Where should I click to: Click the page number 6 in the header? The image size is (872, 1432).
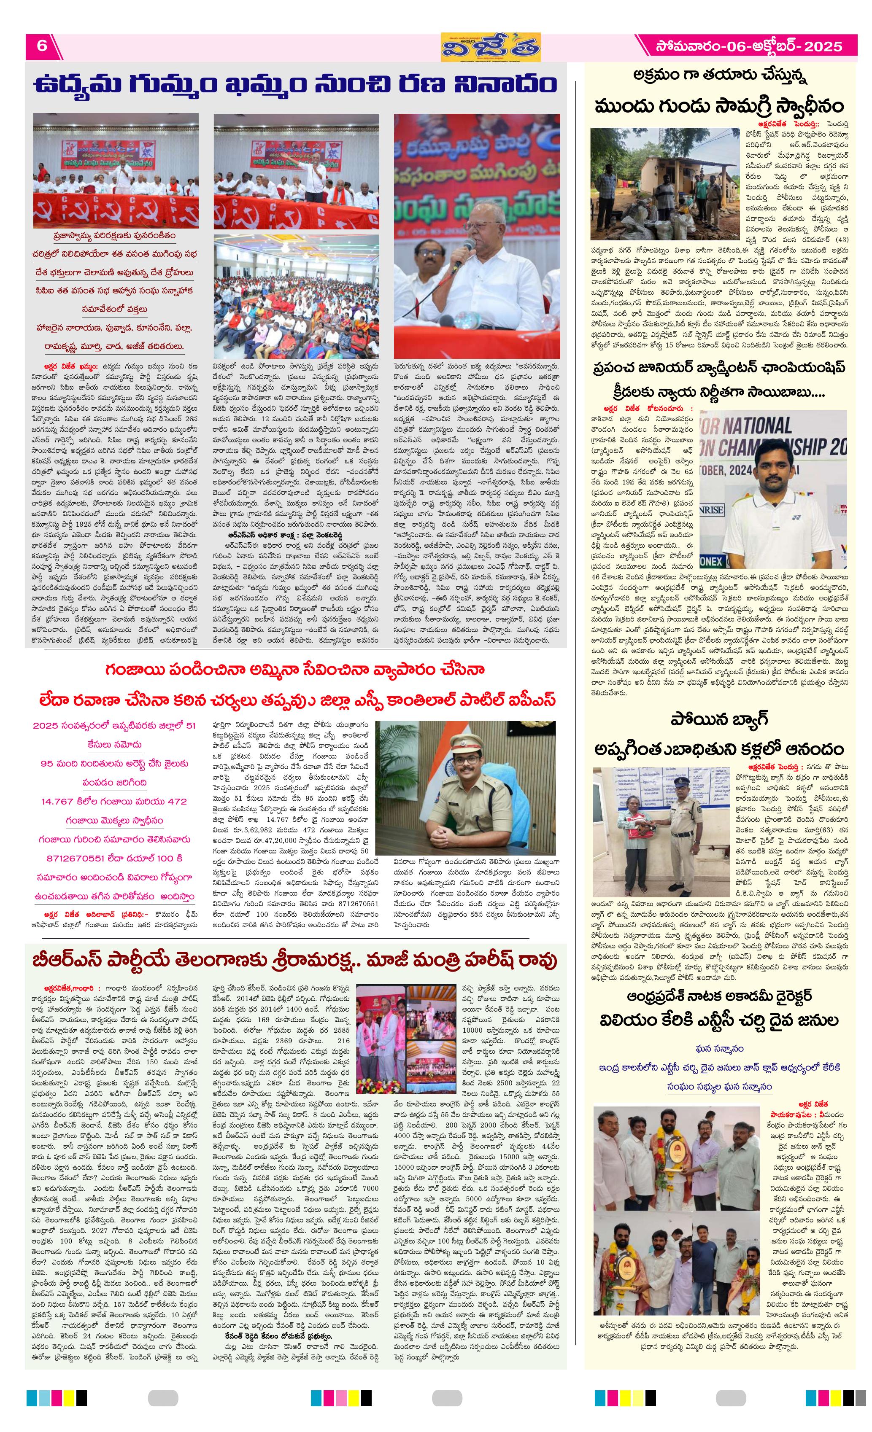click(42, 46)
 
